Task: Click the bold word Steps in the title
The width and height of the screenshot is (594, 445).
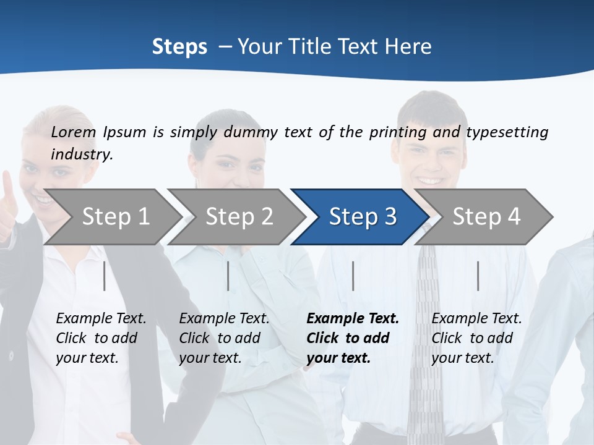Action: (179, 47)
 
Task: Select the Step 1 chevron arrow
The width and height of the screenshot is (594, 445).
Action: (111, 217)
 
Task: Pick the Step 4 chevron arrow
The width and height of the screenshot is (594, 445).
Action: (485, 217)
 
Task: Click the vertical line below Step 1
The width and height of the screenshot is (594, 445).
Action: (105, 276)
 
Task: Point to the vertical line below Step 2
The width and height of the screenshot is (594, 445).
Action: (228, 276)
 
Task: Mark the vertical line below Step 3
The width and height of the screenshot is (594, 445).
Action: (353, 276)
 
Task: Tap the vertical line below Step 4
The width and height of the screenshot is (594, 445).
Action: (478, 276)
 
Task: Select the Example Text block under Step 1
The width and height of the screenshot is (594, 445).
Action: (101, 338)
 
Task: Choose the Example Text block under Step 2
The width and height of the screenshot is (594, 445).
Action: (224, 338)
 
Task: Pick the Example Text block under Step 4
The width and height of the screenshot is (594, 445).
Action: (476, 338)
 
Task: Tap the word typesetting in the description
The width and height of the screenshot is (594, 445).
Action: (507, 132)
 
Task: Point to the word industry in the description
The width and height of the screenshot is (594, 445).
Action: (81, 155)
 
